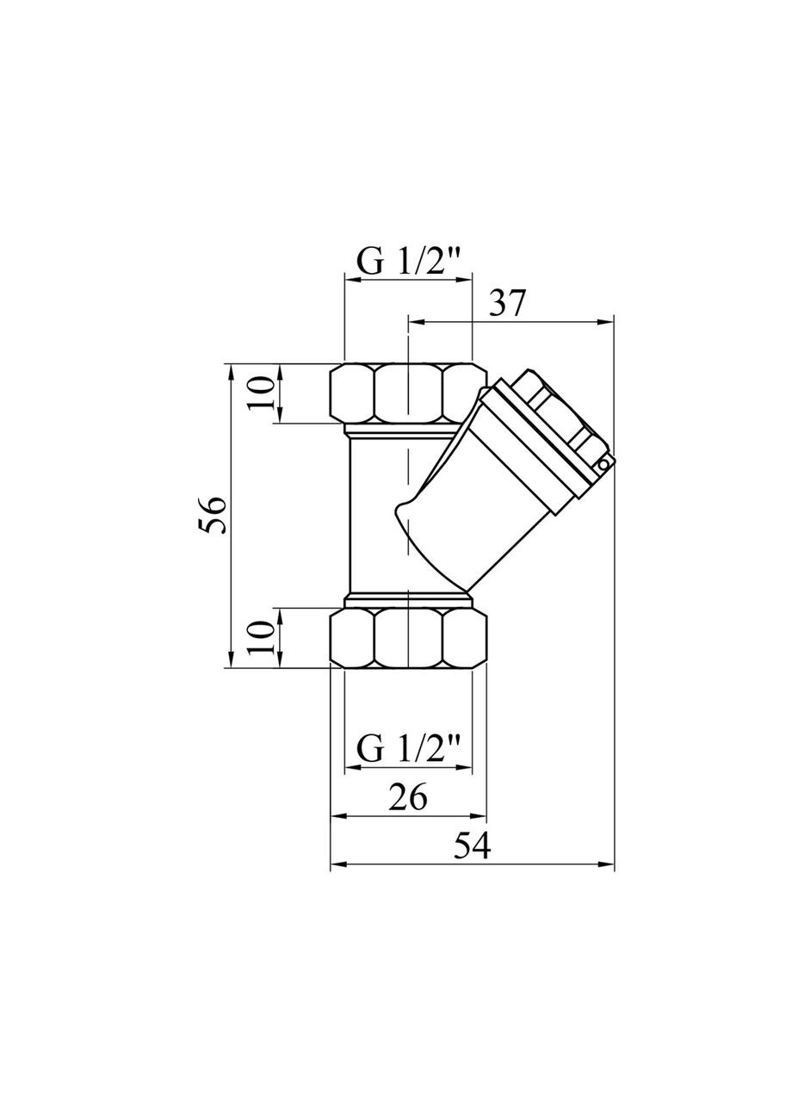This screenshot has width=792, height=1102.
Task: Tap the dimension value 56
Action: coord(215,515)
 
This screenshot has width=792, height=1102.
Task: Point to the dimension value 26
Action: coord(408,798)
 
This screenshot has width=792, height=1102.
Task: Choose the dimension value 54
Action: coord(472,847)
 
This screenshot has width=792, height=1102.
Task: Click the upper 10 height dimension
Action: coord(265,393)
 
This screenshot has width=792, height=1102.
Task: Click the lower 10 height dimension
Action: coord(265,638)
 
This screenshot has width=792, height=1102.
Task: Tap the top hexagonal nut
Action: coord(408,393)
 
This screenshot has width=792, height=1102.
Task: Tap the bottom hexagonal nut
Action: coord(408,638)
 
